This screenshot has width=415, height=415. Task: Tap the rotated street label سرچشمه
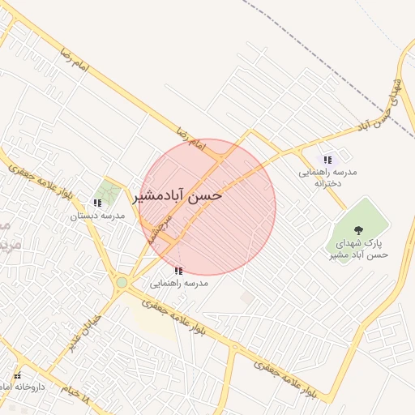(x=160, y=225)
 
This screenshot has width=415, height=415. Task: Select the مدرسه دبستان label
(x=96, y=216)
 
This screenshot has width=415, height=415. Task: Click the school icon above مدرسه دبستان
(x=97, y=203)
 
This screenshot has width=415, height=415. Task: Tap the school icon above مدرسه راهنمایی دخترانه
(x=327, y=160)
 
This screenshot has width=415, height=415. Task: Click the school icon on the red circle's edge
(x=178, y=270)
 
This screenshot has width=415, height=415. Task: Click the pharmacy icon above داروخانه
(x=17, y=376)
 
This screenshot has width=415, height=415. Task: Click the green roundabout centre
(x=122, y=282)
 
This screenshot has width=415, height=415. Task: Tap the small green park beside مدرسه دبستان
(x=106, y=193)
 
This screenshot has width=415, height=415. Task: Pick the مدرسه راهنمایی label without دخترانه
(x=179, y=284)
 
